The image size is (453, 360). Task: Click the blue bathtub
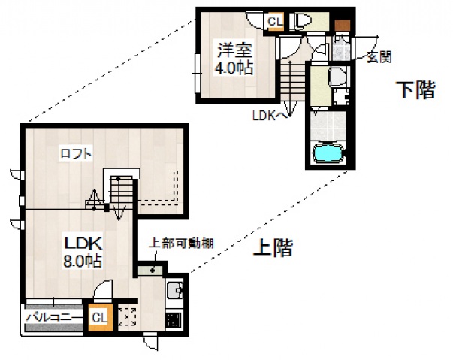click(327, 153)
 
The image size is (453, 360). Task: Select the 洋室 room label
click(234, 51)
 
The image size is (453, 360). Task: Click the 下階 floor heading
click(415, 91)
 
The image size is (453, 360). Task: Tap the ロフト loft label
click(77, 154)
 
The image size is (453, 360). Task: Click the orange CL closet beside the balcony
click(98, 317)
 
